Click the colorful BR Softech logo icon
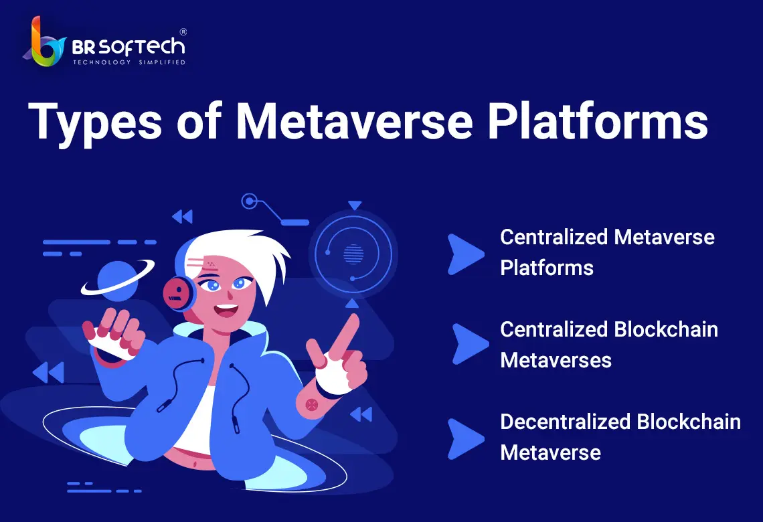[x=44, y=43]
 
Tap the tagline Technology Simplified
[x=129, y=62]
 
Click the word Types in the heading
[x=95, y=122]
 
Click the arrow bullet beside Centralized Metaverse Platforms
[x=464, y=254]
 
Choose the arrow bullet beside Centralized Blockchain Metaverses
[x=469, y=344]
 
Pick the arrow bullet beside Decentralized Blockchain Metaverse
[x=464, y=439]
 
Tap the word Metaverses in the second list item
[x=556, y=361]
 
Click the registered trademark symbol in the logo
[x=183, y=32]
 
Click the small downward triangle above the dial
[x=355, y=205]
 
